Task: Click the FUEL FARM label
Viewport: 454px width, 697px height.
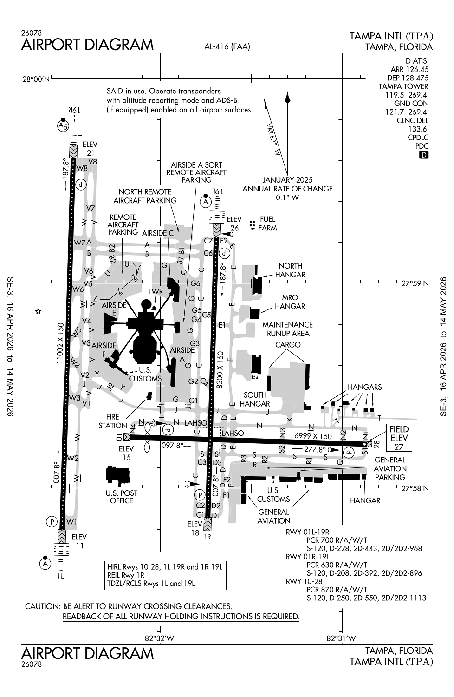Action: click(x=267, y=224)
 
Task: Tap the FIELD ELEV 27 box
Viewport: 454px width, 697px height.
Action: click(x=399, y=438)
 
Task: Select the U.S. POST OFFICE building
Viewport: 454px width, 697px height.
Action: click(x=118, y=475)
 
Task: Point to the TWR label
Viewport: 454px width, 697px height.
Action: click(x=156, y=291)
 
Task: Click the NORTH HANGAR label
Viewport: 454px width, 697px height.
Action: click(x=290, y=270)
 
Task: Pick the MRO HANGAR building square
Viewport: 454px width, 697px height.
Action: click(x=255, y=313)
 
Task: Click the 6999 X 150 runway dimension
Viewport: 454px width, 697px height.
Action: click(x=313, y=436)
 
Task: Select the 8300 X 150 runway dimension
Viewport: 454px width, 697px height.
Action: click(x=220, y=370)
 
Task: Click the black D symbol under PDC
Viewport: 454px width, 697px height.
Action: click(x=423, y=155)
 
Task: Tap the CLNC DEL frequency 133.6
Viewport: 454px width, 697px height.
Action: click(x=417, y=129)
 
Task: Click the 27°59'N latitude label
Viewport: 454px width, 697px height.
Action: click(x=415, y=283)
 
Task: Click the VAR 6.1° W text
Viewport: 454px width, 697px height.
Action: click(x=273, y=139)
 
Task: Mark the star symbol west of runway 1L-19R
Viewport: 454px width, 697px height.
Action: click(x=38, y=311)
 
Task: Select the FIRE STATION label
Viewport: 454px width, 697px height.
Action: click(x=112, y=421)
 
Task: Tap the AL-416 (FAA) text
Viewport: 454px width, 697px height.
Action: click(x=227, y=46)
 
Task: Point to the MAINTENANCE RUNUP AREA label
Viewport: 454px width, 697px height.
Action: click(x=288, y=329)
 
